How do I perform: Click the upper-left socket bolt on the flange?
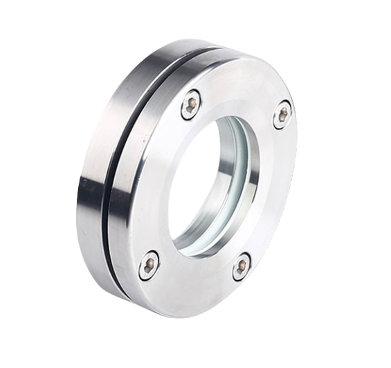click(191, 104)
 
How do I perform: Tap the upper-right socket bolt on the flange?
click(282, 114)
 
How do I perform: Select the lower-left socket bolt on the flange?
click(149, 265)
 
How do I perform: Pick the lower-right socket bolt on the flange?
click(242, 266)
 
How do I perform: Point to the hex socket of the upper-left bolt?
click(191, 104)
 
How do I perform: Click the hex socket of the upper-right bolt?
click(282, 114)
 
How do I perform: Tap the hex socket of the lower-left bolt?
click(149, 265)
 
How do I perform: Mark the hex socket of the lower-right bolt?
click(242, 266)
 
